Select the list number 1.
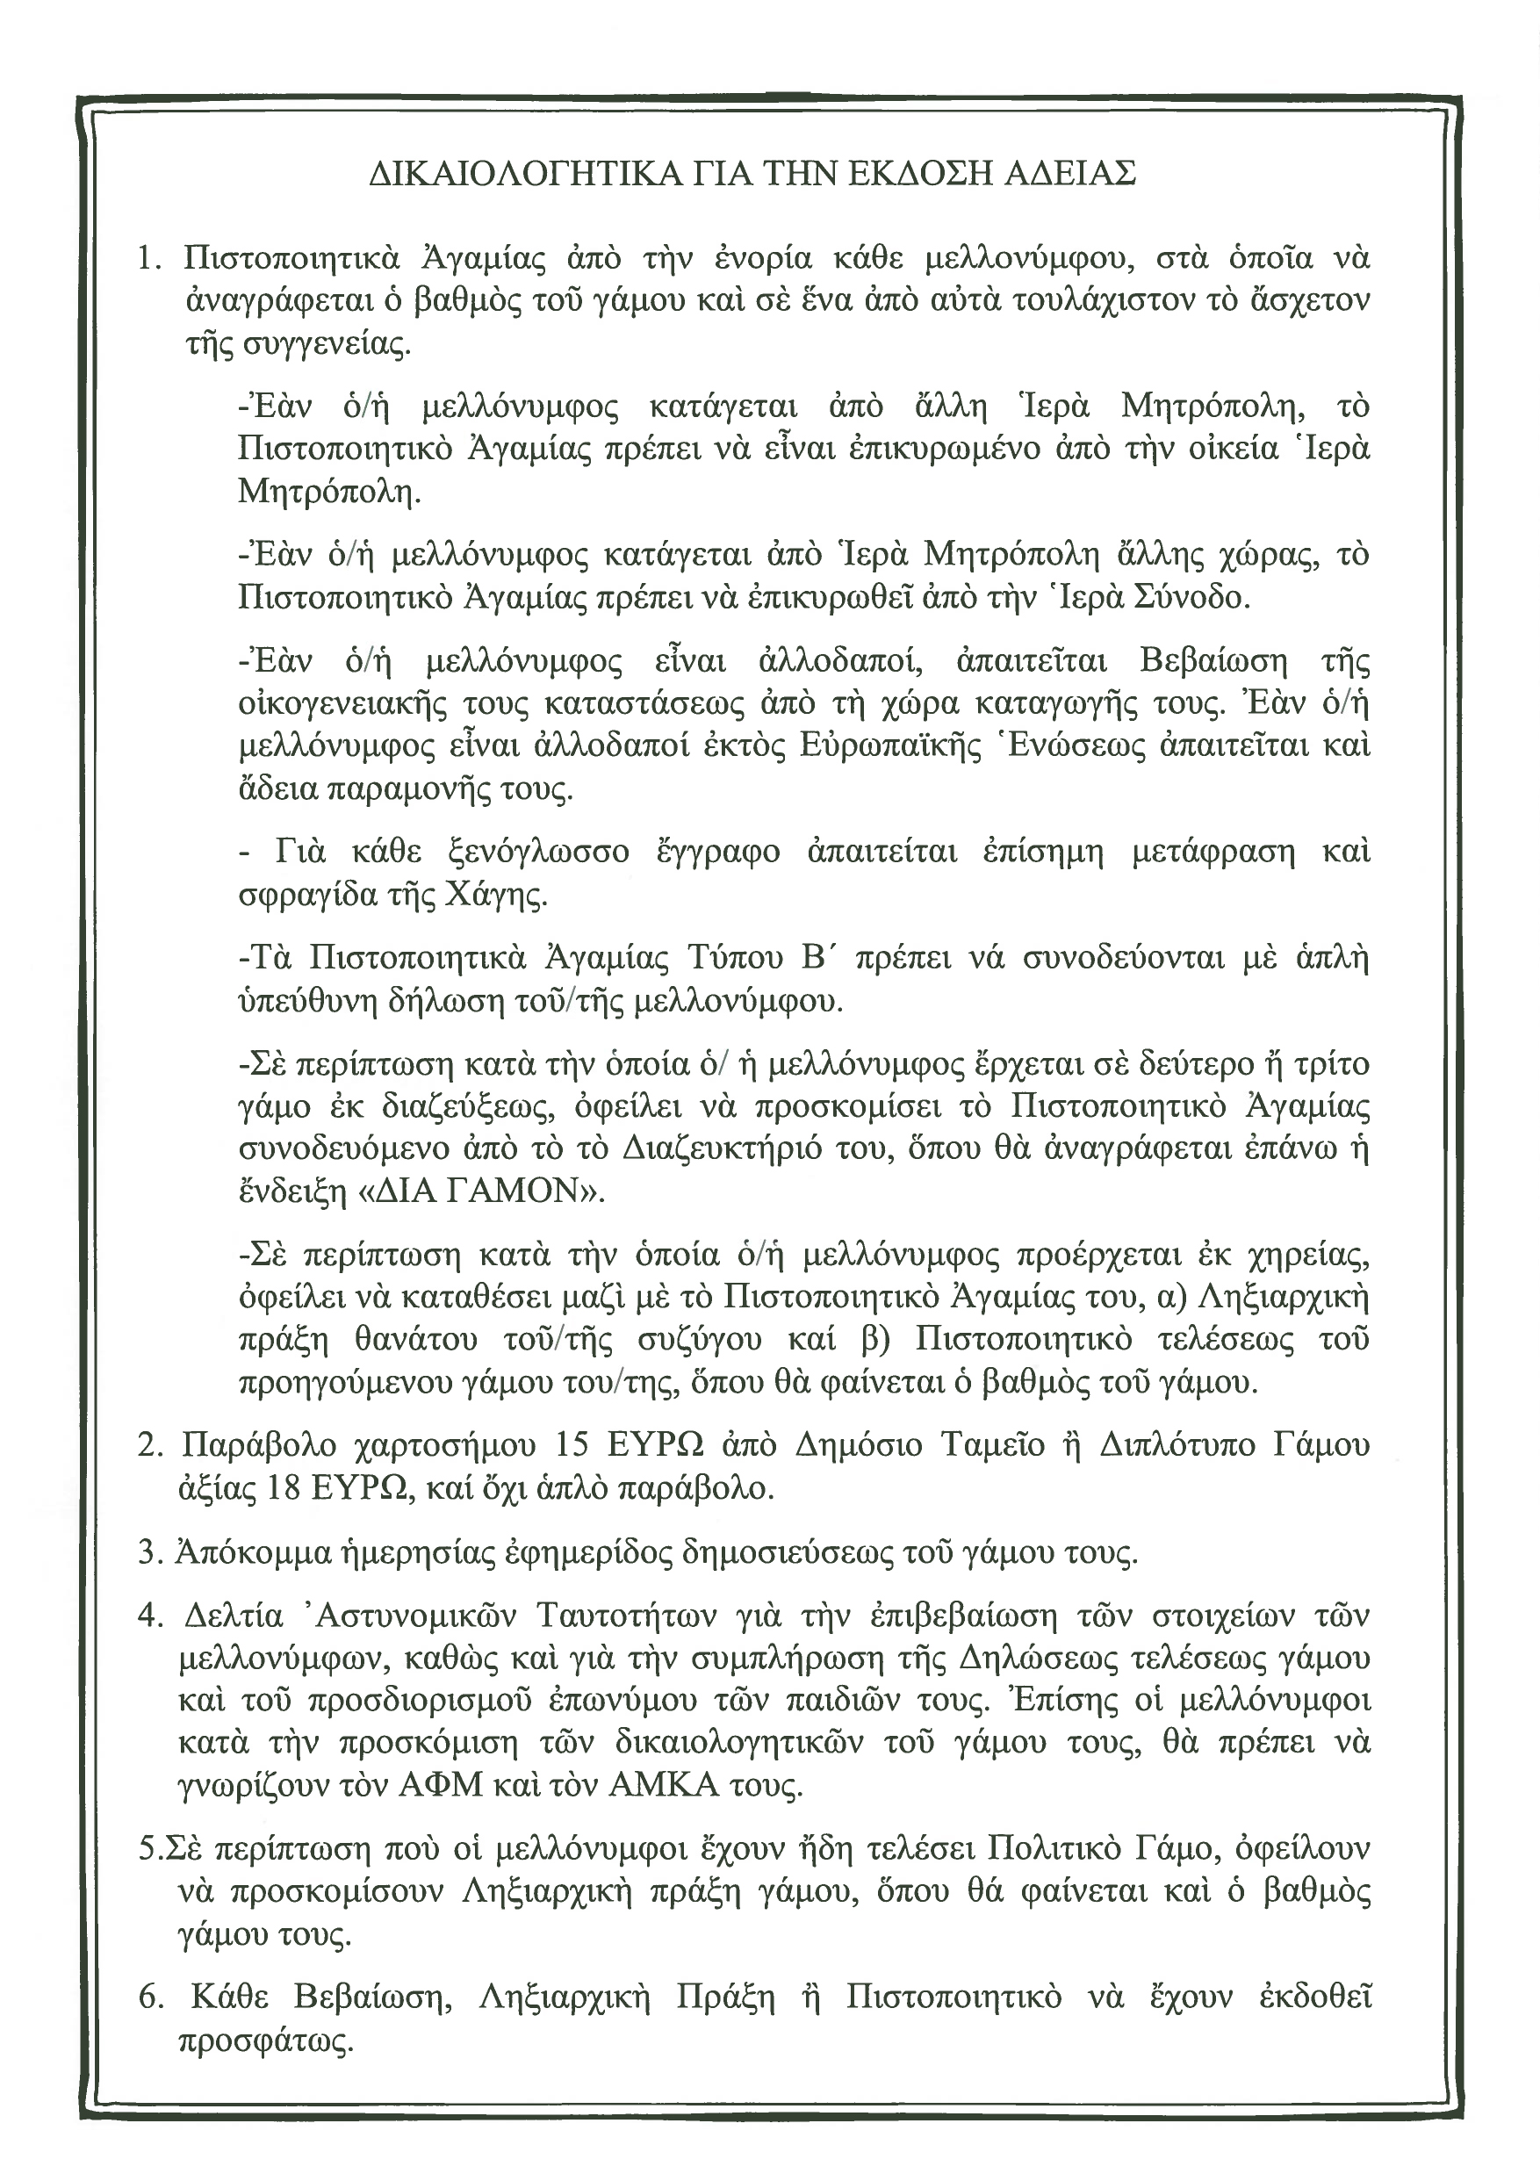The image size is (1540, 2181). (149, 258)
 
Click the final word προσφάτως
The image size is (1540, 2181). (265, 2041)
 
